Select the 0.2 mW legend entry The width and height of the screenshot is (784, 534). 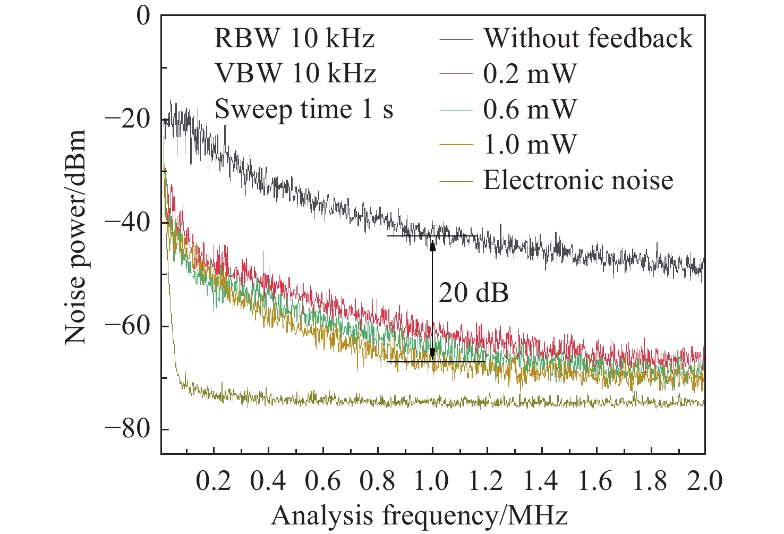coord(530,73)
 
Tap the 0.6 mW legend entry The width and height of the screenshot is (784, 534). coord(530,109)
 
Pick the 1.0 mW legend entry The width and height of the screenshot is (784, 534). coord(530,145)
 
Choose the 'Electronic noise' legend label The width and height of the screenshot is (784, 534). coord(578,180)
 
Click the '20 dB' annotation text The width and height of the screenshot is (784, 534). coord(474,293)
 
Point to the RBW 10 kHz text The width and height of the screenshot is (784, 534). coord(295,38)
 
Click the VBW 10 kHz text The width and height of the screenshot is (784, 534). coord(295,73)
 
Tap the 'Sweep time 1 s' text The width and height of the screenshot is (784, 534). coord(304,109)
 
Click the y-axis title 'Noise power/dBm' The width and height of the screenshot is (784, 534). coord(75,236)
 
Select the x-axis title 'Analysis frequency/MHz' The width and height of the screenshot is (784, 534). coord(420,515)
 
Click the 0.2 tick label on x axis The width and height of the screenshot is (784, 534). coord(214,481)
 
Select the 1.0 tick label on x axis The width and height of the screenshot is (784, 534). coord(432,481)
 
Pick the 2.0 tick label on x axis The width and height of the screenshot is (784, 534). coord(705,481)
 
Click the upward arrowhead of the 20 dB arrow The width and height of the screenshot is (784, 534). coord(432,245)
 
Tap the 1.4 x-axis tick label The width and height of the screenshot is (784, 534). coord(541,481)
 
